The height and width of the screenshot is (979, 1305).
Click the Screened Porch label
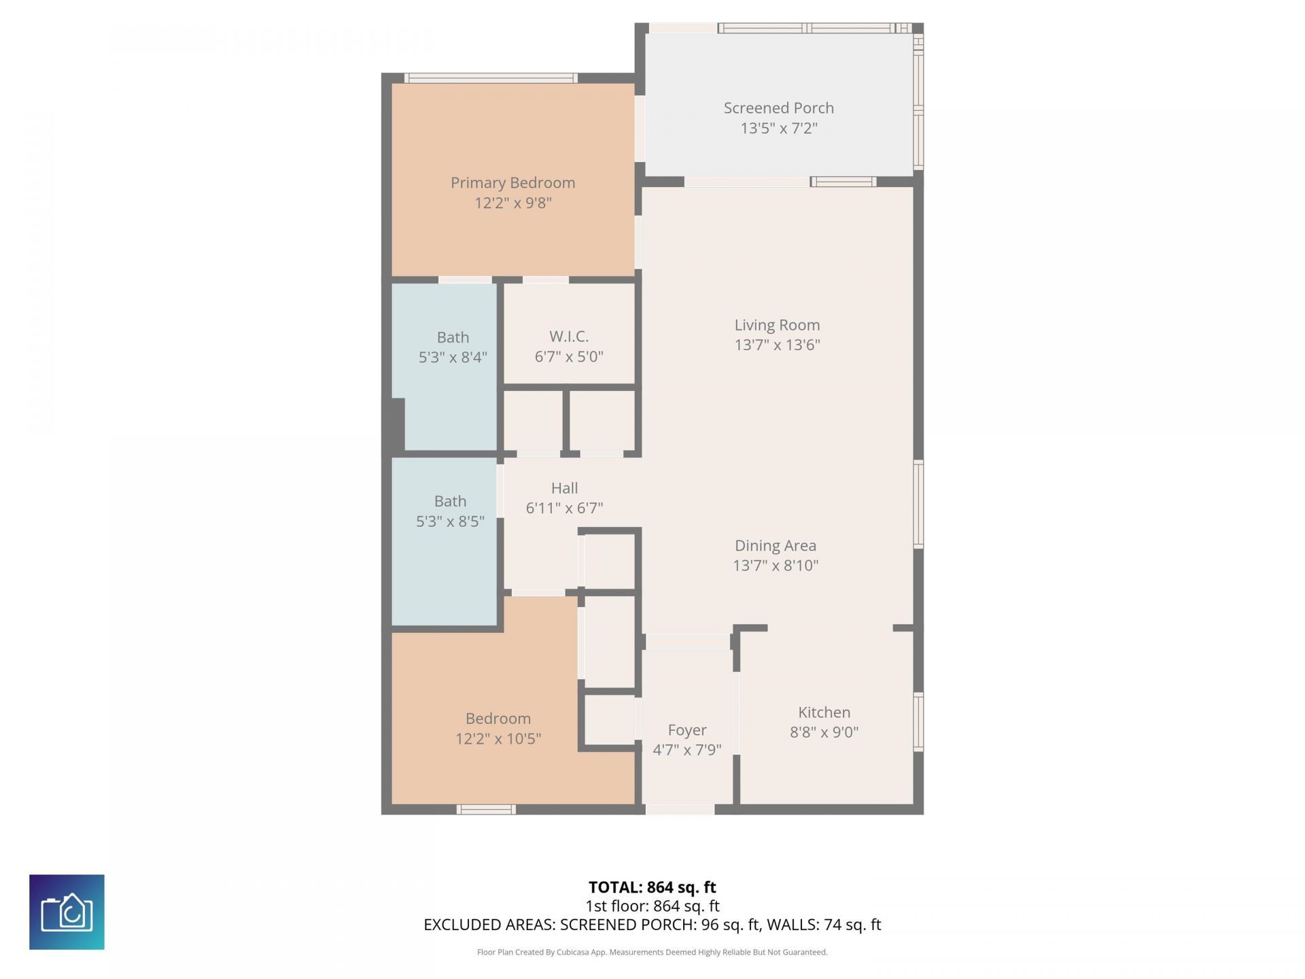point(778,108)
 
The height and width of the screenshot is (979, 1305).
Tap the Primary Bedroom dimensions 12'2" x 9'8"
point(512,203)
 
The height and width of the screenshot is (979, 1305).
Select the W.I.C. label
point(569,337)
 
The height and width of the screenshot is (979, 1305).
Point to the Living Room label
point(777,325)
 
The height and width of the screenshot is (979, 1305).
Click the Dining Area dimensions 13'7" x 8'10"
point(776,565)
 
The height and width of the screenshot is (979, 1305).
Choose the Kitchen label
point(824,712)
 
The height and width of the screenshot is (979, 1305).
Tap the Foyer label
point(686,729)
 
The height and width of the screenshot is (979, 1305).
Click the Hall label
point(564,488)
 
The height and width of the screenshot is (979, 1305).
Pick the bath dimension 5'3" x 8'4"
point(453,357)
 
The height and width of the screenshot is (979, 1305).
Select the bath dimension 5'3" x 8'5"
point(450,521)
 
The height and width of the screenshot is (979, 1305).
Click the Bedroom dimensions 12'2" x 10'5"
point(498,738)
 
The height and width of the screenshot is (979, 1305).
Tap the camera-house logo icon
point(67,912)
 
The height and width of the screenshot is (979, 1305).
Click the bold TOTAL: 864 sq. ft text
point(652,887)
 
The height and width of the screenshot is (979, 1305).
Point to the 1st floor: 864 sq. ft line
point(652,906)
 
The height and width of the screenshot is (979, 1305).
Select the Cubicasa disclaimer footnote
point(652,952)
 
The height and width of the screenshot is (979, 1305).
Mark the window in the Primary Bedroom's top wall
point(490,78)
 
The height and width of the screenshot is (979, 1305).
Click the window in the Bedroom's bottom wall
point(485,809)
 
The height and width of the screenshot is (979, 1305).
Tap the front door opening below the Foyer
point(680,809)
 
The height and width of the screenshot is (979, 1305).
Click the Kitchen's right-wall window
point(918,721)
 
